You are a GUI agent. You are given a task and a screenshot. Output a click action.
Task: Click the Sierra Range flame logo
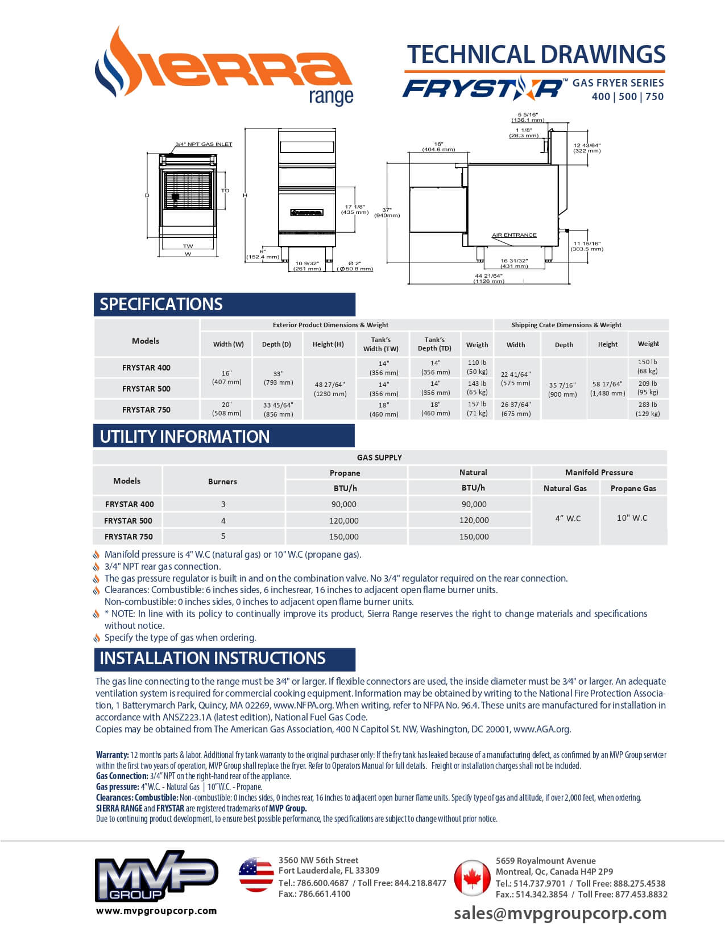[223, 67]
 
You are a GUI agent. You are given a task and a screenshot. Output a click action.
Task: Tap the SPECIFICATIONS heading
[161, 304]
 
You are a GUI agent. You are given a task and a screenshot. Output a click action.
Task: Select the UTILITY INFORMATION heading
[185, 436]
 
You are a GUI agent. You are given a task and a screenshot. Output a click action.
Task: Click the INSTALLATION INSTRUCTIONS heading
[213, 658]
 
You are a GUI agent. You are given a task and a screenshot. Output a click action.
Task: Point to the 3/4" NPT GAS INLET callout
[204, 144]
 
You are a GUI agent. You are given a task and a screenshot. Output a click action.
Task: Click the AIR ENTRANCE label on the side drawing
[514, 235]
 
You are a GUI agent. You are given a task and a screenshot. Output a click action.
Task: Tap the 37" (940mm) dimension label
[387, 212]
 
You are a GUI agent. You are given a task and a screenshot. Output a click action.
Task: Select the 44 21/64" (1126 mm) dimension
[489, 278]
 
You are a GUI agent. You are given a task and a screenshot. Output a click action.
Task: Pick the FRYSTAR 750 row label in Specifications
[146, 410]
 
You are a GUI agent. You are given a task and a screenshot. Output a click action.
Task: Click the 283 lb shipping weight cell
[648, 409]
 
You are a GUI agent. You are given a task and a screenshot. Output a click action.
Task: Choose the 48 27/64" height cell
[329, 389]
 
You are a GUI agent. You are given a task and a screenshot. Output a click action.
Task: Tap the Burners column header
[222, 481]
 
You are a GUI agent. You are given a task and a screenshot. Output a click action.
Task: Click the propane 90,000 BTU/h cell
[344, 504]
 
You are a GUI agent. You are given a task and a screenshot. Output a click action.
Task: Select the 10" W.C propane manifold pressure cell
[632, 518]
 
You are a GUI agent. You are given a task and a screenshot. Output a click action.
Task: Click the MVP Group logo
[156, 876]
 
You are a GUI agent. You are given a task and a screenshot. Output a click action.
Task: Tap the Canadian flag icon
[471, 878]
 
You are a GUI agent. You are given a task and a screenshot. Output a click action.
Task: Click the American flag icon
[256, 875]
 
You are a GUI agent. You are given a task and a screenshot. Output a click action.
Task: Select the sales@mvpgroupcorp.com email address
[560, 913]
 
